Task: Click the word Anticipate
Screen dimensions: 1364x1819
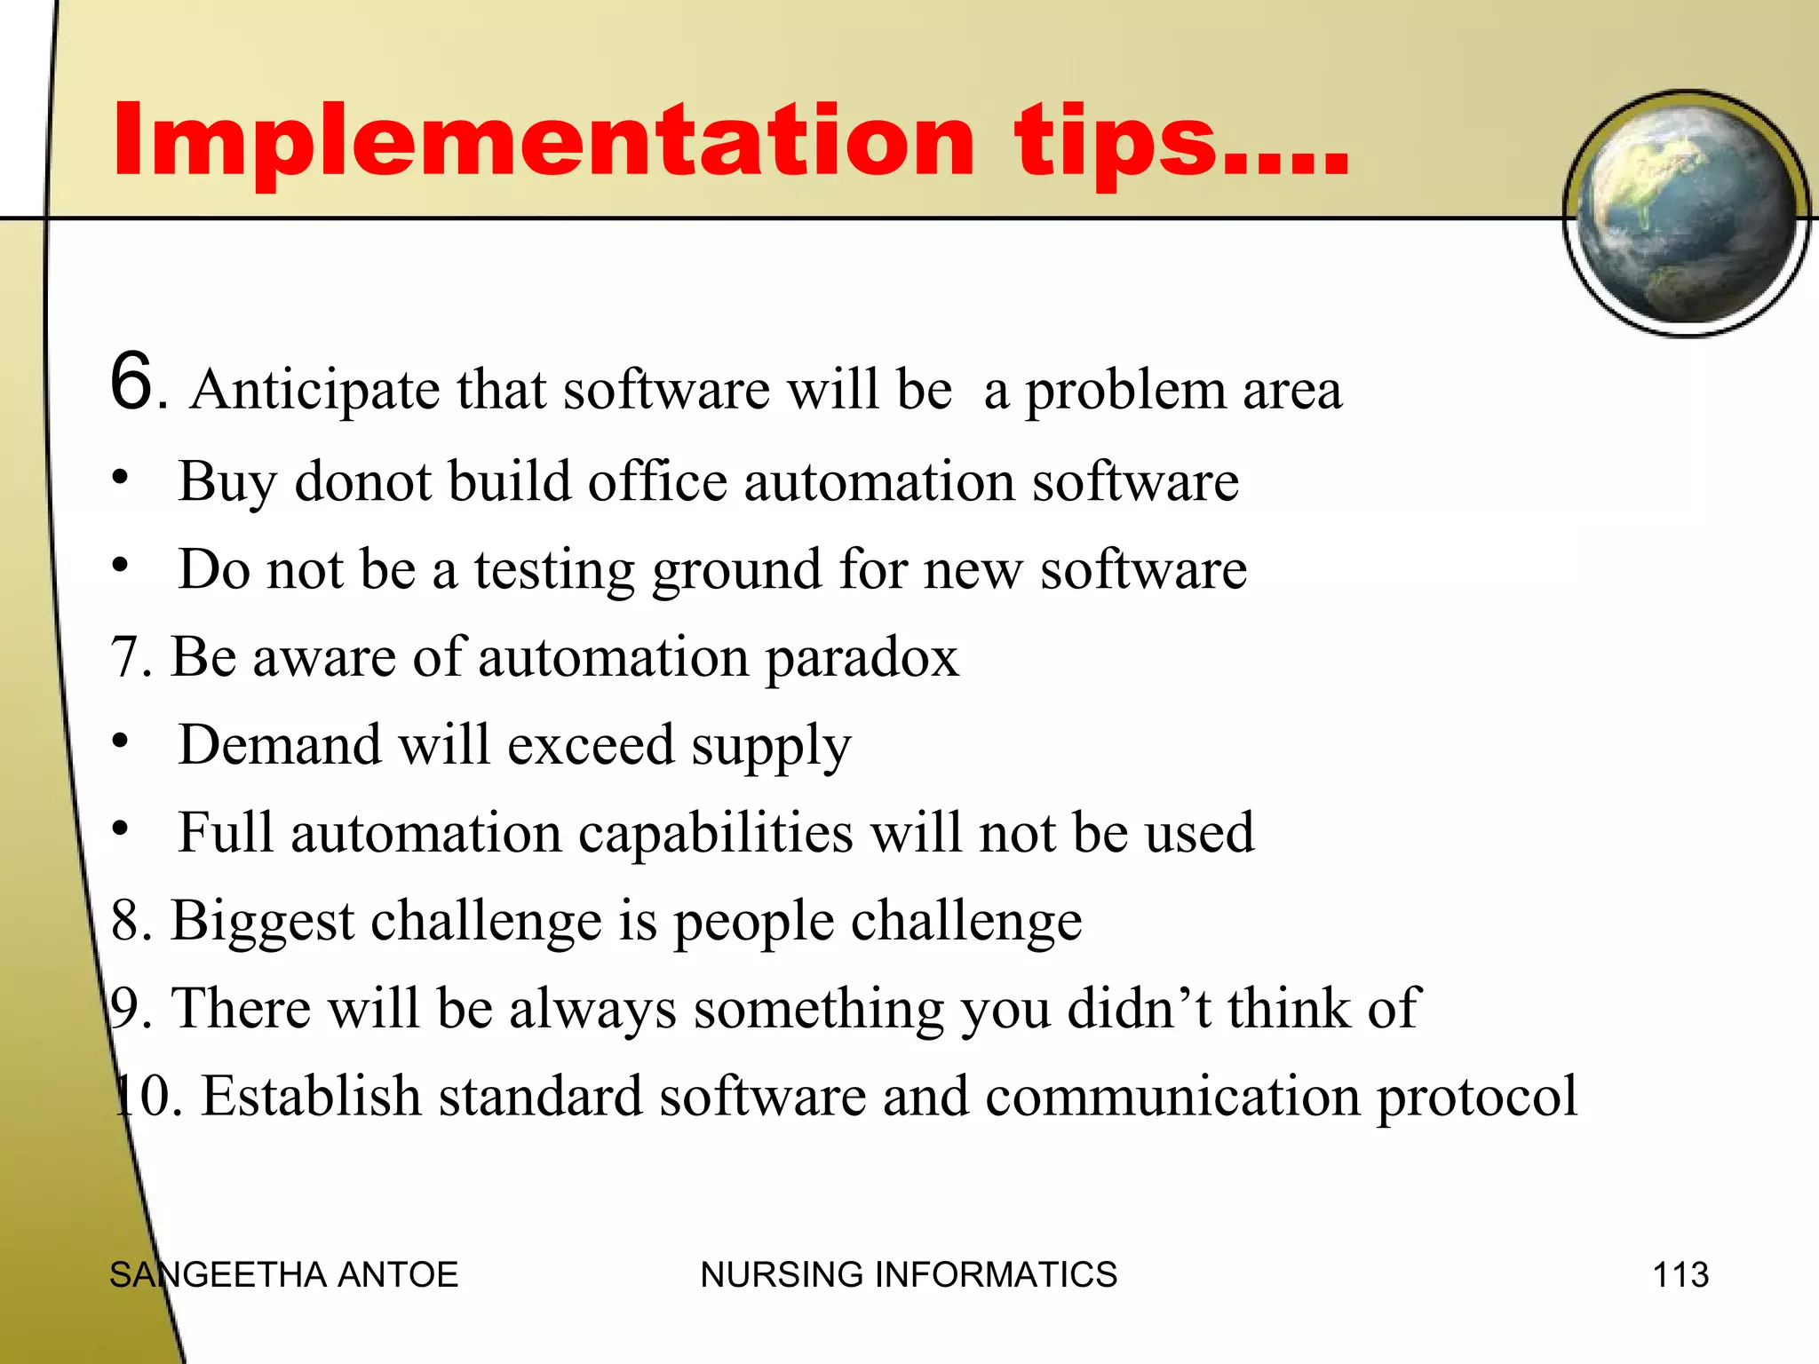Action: coord(314,391)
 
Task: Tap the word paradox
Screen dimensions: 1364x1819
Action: coord(862,658)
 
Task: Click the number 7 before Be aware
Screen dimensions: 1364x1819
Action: coord(124,658)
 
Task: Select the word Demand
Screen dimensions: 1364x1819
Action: coord(279,744)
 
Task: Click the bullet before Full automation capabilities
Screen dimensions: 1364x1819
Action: coord(121,829)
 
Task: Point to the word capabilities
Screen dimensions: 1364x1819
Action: coord(715,834)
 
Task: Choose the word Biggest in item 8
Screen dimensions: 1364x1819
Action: coord(262,922)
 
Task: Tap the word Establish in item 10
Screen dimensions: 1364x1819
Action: coord(311,1096)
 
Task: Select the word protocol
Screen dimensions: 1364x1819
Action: coord(1477,1098)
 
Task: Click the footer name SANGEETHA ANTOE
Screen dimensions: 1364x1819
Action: coord(283,1275)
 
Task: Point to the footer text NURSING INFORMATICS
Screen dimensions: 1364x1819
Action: coord(908,1275)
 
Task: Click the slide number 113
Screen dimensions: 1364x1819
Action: coord(1680,1275)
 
